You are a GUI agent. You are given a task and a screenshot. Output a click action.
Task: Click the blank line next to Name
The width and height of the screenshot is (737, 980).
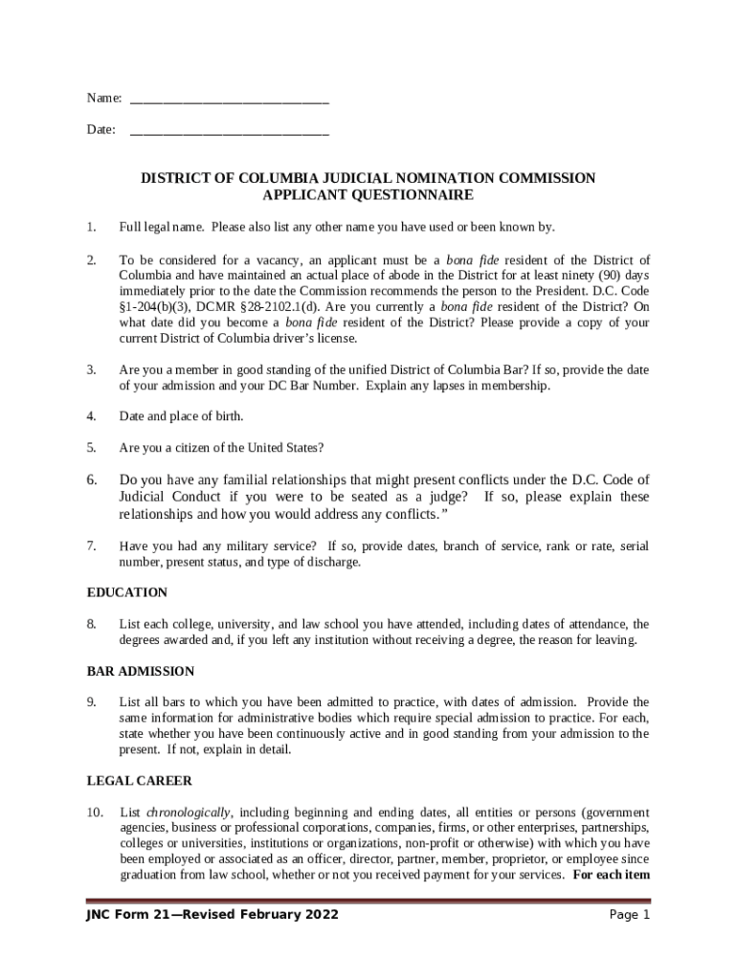click(229, 100)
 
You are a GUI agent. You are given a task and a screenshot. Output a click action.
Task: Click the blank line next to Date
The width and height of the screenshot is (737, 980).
click(229, 130)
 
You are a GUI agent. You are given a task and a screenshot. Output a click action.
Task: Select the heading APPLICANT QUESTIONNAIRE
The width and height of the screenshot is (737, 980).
click(368, 195)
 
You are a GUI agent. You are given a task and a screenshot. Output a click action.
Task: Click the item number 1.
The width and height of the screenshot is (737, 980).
click(91, 227)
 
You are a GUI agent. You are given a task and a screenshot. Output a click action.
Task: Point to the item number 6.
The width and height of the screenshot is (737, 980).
click(91, 479)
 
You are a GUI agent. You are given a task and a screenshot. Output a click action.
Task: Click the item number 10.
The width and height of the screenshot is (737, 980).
click(94, 813)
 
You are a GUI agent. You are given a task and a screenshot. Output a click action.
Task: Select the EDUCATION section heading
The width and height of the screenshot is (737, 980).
click(127, 592)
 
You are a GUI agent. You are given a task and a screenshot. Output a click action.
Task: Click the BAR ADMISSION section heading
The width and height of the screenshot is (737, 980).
click(141, 671)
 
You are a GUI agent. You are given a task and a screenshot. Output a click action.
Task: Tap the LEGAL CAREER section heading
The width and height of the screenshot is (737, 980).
click(140, 781)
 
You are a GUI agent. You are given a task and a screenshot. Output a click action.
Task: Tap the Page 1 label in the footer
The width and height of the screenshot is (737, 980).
click(629, 915)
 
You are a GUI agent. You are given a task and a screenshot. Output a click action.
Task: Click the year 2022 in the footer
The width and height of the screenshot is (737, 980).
click(320, 915)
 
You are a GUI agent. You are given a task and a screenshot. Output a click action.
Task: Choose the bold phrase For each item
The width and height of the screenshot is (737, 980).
click(612, 874)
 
